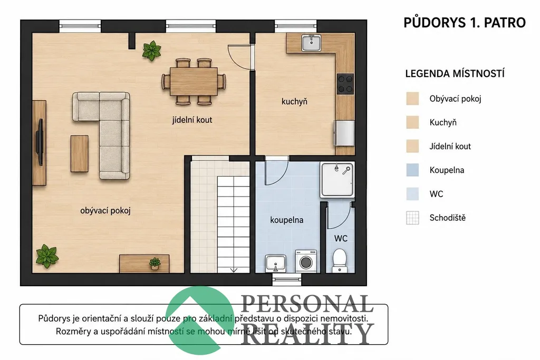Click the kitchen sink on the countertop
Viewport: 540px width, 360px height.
(x=311, y=43)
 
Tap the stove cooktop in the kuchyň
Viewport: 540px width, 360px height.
(x=345, y=84)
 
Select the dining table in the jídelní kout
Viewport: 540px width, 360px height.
(x=194, y=82)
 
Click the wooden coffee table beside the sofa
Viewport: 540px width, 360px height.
(x=80, y=153)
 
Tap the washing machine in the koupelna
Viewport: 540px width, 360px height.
(x=306, y=261)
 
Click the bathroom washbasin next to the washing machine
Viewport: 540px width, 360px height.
(x=275, y=264)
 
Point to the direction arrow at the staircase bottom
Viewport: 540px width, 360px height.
(x=234, y=270)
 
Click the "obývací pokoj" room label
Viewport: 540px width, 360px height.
(x=105, y=211)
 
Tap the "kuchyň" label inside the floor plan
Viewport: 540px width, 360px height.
(x=294, y=102)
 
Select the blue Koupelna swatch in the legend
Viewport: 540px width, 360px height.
(x=412, y=170)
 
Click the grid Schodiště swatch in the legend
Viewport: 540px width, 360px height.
(x=412, y=218)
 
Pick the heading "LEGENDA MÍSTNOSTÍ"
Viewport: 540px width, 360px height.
(x=455, y=74)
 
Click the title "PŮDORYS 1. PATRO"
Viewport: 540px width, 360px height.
(x=465, y=23)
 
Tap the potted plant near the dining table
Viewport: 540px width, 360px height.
(x=151, y=51)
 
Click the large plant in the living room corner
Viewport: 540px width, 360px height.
(x=47, y=256)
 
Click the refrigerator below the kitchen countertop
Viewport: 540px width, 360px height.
(x=344, y=133)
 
